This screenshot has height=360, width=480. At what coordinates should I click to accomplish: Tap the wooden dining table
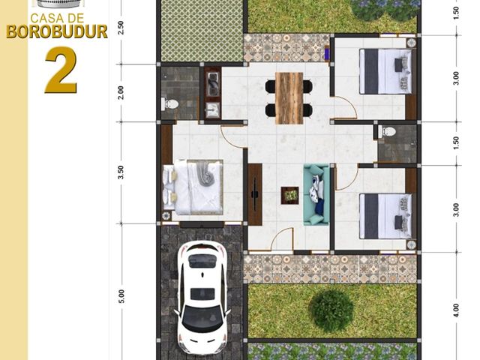[x=289, y=98]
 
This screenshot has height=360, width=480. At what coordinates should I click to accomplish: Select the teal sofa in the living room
[x=316, y=195]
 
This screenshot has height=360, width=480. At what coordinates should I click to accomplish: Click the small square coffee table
[x=289, y=195]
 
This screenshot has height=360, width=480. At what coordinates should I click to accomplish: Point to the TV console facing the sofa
[x=255, y=194]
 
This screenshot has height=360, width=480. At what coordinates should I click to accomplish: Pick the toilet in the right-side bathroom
[x=387, y=132]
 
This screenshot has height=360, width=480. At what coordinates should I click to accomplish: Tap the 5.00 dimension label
[x=121, y=296]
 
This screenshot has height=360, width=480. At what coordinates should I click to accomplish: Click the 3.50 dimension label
[x=121, y=172]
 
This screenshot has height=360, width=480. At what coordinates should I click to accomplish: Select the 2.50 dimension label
[x=121, y=27]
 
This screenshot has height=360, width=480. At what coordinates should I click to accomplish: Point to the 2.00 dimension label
[x=121, y=92]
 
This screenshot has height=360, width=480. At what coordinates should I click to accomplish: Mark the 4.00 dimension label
[x=456, y=310]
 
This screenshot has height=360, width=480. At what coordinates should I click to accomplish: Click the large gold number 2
[x=61, y=70]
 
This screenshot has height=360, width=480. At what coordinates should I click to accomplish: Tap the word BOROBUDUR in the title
[x=57, y=31]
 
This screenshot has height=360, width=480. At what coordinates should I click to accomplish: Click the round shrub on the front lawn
[x=331, y=307]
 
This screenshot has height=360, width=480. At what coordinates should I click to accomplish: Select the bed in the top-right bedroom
[x=385, y=71]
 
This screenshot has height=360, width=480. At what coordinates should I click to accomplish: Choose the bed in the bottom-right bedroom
[x=385, y=216]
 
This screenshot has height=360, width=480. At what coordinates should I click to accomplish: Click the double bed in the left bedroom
[x=193, y=187]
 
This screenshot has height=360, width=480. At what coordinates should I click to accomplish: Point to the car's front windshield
[x=202, y=317]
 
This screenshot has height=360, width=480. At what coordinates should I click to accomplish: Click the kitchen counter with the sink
[x=212, y=92]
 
